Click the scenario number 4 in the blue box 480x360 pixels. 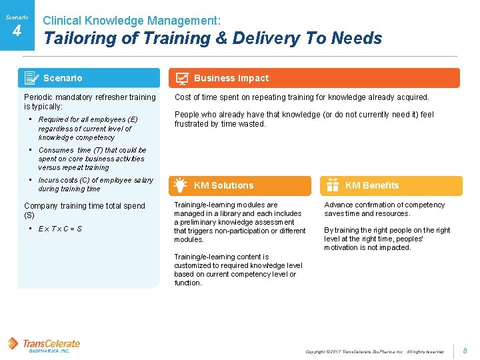pyautogui.click(x=17, y=31)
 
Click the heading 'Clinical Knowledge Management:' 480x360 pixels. pyautogui.click(x=132, y=21)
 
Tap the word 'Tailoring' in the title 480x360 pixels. pyautogui.click(x=81, y=39)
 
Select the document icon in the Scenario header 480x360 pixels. pyautogui.click(x=31, y=78)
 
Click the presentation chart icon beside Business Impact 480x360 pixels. pyautogui.click(x=181, y=79)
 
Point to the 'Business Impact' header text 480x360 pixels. pyautogui.click(x=231, y=78)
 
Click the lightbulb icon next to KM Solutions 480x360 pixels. pyautogui.click(x=180, y=185)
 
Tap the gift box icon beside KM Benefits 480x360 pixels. pyautogui.click(x=332, y=185)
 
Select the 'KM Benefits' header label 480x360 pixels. pyautogui.click(x=372, y=185)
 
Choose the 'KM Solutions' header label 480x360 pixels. pyautogui.click(x=223, y=185)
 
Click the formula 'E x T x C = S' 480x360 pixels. pyautogui.click(x=61, y=229)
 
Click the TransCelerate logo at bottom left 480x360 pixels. pyautogui.click(x=44, y=345)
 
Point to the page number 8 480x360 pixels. pyautogui.click(x=465, y=351)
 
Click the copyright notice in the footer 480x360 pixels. pyautogui.click(x=374, y=351)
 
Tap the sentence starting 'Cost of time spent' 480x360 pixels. pyautogui.click(x=301, y=97)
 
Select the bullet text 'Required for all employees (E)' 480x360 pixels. pyautogui.click(x=87, y=119)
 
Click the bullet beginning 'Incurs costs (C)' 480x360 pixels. pyautogui.click(x=95, y=180)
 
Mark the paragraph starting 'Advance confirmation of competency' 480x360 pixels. pyautogui.click(x=385, y=209)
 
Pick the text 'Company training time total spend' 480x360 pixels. pyautogui.click(x=84, y=206)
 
